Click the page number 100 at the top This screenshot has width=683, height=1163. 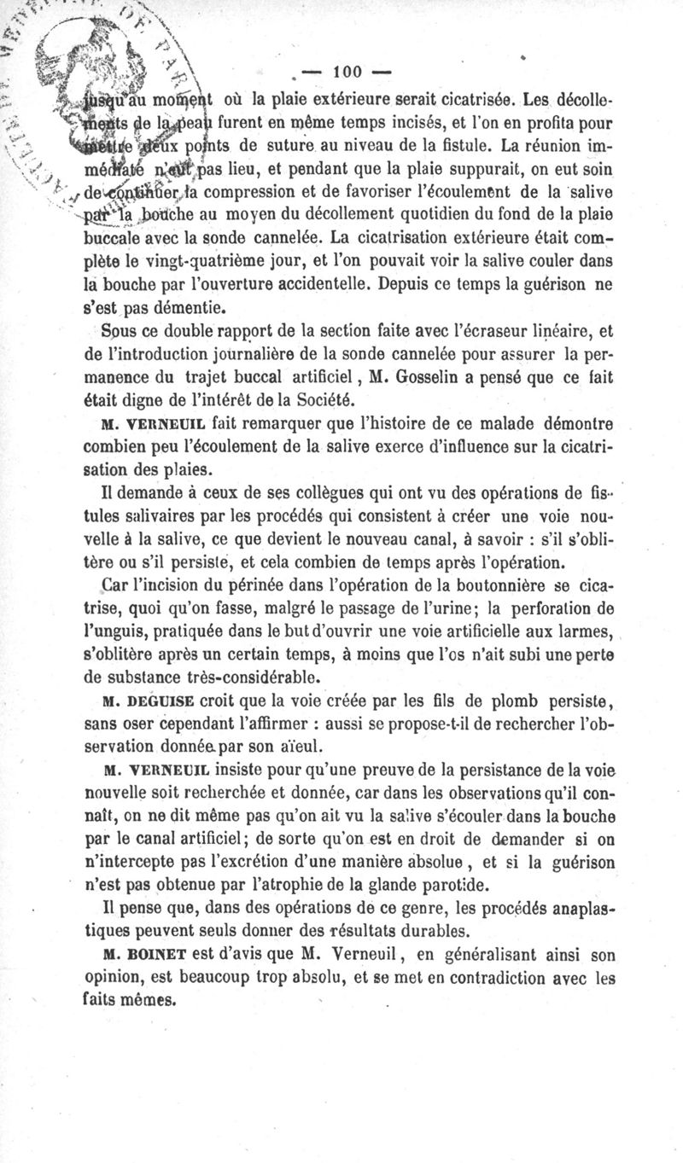coord(352,70)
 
